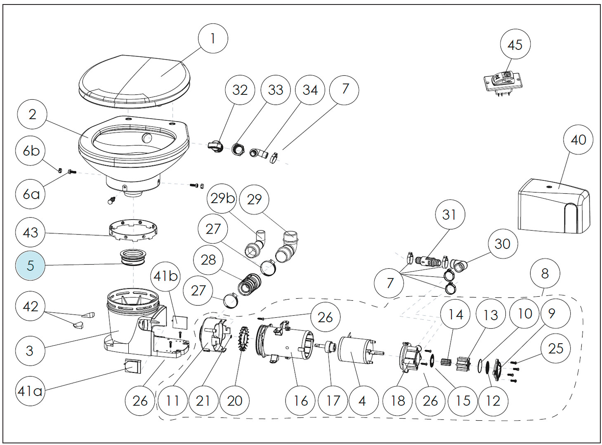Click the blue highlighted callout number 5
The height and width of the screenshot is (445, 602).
coord(30,265)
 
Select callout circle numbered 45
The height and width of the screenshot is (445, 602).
coord(515,44)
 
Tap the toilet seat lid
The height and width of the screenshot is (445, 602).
coord(135,82)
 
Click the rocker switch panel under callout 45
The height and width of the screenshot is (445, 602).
coord(503,83)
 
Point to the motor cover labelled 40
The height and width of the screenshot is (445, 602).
coord(554,206)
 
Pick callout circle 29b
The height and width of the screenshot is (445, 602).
coord(222,199)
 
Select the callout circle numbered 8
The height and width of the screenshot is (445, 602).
coord(545,274)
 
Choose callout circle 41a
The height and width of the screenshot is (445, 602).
coord(30,391)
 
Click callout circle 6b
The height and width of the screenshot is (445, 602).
coord(31,151)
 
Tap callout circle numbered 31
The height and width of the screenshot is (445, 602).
coord(450,214)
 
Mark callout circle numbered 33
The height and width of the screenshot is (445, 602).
coord(276,90)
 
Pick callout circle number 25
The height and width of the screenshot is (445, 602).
coord(556,349)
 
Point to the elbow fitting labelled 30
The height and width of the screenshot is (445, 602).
coord(459,266)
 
